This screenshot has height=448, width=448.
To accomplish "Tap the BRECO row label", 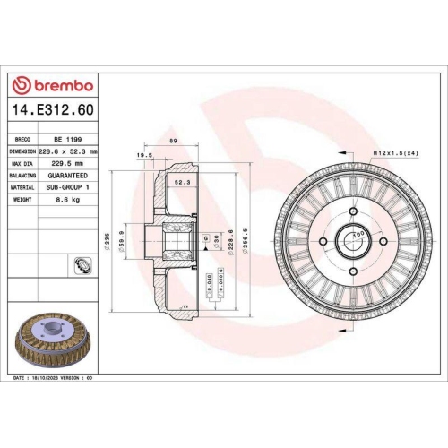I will point(22,141).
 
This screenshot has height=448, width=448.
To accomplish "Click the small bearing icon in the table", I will point(82,264).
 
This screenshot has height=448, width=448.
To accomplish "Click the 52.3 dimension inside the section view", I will point(181,183).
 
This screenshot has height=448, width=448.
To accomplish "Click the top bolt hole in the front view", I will point(352,211).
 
